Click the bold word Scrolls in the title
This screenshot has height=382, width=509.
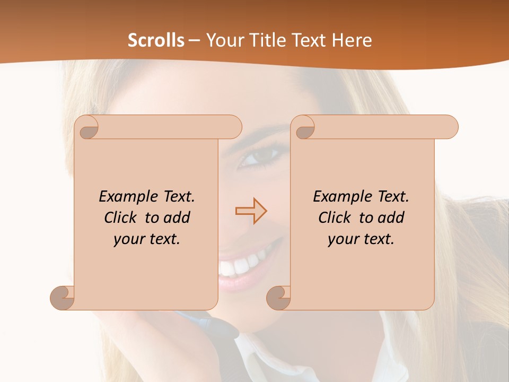[156, 40]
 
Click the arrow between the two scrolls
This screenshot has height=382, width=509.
[251, 212]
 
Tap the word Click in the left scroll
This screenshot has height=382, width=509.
[122, 218]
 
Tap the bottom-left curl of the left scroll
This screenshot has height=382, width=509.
[63, 297]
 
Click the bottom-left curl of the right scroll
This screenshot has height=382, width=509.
[278, 297]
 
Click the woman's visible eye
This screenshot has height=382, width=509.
[259, 157]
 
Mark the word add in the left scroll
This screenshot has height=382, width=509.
[177, 218]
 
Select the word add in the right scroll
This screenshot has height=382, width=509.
[391, 218]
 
